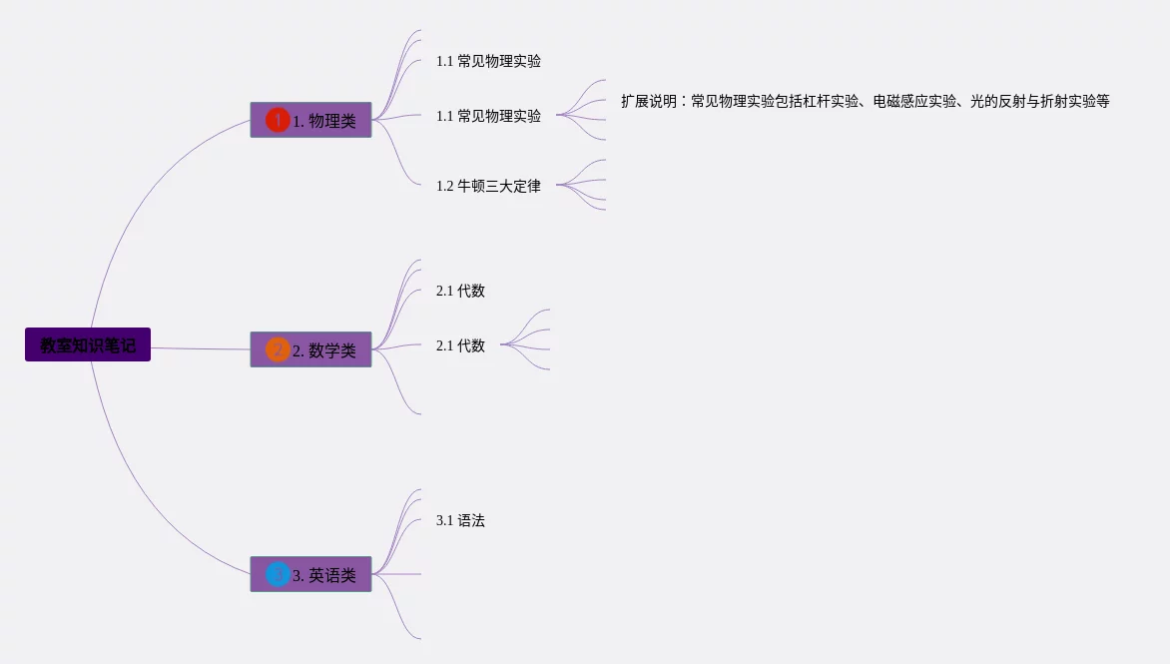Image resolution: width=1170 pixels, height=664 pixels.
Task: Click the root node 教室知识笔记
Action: coord(88,344)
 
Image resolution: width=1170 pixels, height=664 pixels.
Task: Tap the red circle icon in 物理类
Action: coord(278,120)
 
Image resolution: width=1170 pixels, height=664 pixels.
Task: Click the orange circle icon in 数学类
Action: coord(278,349)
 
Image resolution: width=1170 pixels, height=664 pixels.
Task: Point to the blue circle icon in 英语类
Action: coord(278,574)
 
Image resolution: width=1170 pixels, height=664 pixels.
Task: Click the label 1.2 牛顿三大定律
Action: coord(488,186)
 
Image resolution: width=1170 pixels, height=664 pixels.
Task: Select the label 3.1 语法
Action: coord(460,520)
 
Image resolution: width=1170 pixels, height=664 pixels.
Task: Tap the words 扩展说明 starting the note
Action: coord(648,101)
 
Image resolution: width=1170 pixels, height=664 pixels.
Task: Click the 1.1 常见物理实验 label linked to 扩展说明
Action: coord(488,116)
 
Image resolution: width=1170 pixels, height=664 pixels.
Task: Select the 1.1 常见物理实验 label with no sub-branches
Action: coord(488,61)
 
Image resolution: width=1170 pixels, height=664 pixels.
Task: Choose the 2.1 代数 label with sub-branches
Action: coord(460,345)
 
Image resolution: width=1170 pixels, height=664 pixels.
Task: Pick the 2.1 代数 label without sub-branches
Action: coord(460,291)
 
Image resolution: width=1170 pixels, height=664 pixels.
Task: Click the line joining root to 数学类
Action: coord(200,348)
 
